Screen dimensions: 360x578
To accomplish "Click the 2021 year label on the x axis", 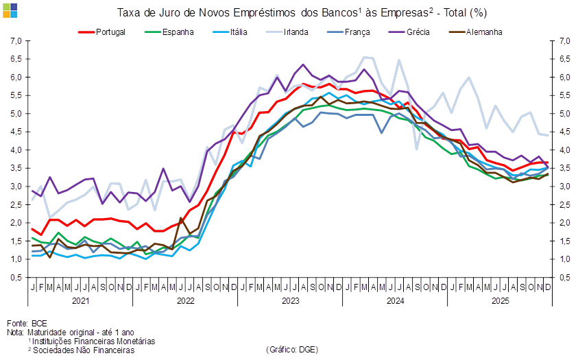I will [x=80, y=300].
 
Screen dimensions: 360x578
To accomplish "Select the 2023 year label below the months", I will [x=290, y=300].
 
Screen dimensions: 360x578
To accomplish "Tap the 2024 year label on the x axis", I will [x=395, y=300].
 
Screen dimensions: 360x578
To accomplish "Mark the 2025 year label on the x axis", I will [x=499, y=300].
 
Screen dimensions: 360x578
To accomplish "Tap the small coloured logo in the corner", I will [x=10, y=10].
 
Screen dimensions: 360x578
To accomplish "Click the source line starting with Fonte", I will [x=27, y=322].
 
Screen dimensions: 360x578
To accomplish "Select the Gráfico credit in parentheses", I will [x=291, y=350].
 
